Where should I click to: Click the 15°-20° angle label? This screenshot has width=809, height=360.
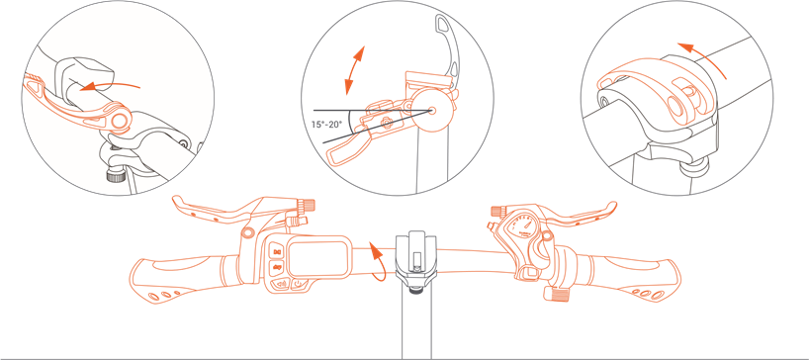329,125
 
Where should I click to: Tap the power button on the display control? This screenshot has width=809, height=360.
300,283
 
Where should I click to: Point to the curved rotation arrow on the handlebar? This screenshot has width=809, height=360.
378,260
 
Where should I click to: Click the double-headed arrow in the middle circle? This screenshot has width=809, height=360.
354,70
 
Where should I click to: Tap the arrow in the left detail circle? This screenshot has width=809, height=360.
111,86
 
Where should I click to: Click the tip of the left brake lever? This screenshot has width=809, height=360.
175,199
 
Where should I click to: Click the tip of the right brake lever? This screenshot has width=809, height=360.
613,206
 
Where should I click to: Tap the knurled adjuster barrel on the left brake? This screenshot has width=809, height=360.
309,205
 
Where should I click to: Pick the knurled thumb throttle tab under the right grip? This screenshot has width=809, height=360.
557,294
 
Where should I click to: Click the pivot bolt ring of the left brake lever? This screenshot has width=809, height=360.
248,231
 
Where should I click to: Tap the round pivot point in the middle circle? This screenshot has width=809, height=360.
431,110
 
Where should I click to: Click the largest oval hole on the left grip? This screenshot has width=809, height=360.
152,297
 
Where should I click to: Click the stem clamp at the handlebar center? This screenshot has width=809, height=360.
415,261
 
